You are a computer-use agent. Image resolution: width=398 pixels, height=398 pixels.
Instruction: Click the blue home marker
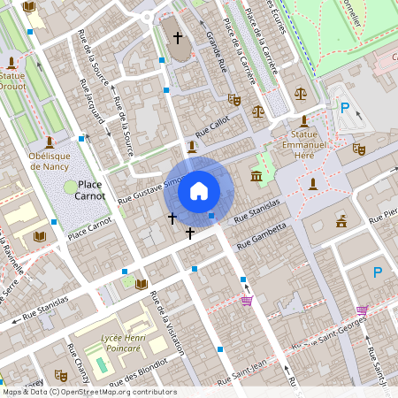coord(199,190)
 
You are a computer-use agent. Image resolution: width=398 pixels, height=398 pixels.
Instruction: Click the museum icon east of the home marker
coord(256,179)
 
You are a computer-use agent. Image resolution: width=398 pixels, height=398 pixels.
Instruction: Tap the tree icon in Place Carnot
coord(70,187)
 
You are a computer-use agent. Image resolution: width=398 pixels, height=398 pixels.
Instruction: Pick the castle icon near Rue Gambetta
coord(341,220)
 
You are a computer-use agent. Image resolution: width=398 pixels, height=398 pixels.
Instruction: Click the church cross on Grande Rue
coord(178,38)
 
